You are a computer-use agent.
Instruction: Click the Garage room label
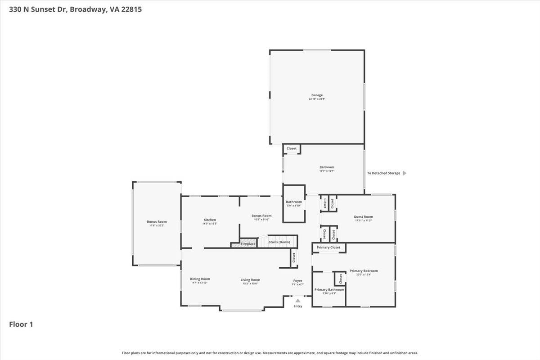click(317, 95)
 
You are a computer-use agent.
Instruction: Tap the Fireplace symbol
click(248, 244)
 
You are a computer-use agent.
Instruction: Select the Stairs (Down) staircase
click(279, 242)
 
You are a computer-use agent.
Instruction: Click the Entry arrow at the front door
click(297, 301)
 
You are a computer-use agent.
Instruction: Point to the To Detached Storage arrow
click(404, 173)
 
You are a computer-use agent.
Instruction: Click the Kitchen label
click(210, 220)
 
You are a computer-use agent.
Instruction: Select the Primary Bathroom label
click(329, 289)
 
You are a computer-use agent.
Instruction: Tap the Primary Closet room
click(328, 247)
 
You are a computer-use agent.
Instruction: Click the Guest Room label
click(364, 216)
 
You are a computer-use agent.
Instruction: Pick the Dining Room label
click(200, 279)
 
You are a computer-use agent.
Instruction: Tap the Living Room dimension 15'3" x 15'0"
click(250, 283)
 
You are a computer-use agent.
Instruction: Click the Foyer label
click(298, 280)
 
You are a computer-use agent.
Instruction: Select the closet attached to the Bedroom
click(292, 148)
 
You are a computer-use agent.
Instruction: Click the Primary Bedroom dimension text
click(364, 274)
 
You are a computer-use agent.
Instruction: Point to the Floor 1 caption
click(21, 324)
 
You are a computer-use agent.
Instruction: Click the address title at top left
click(76, 9)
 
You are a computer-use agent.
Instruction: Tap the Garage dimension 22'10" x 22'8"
click(317, 99)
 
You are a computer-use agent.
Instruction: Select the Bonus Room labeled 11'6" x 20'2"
click(157, 221)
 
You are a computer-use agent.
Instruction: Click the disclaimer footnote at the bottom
click(270, 353)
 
